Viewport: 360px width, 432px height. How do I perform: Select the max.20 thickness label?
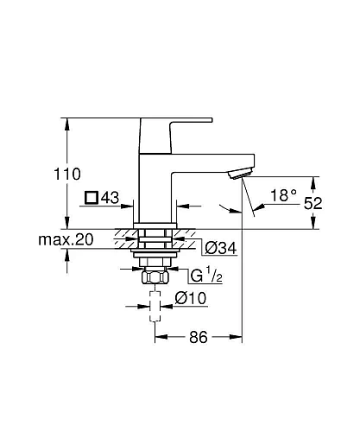tap(65, 238)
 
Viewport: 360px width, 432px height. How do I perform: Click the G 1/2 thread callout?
tap(205, 276)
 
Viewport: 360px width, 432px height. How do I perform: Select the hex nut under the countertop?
tap(155, 278)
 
